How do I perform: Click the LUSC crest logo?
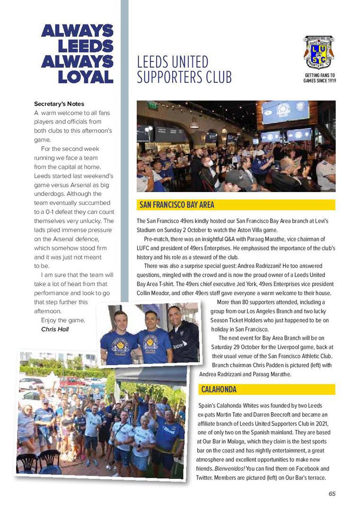click(319, 53)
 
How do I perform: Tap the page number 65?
click(332, 493)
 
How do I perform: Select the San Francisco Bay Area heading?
click(177, 205)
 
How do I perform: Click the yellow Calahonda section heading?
click(219, 389)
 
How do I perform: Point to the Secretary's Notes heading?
click(59, 104)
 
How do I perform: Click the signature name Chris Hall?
click(55, 329)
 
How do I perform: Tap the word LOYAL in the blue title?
click(86, 77)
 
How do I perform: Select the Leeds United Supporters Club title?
click(184, 70)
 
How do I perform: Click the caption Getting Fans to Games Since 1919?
click(319, 78)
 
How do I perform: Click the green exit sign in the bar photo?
click(153, 106)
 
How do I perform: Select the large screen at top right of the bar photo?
click(285, 112)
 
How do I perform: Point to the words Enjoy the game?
click(63, 320)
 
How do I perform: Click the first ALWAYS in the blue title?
click(78, 31)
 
